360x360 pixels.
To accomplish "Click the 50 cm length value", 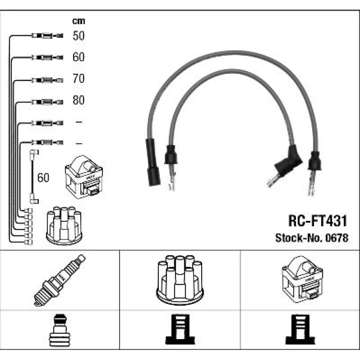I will point(78,36).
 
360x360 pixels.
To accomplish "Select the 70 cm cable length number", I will point(78,78).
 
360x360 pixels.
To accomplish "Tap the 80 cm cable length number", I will point(78,100).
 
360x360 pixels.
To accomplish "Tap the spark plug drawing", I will point(59,280).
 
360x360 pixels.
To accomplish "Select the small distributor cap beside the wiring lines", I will point(64,225).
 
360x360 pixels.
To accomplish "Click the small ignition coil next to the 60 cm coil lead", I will point(83,176).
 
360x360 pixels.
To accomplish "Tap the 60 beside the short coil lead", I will point(44,177).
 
